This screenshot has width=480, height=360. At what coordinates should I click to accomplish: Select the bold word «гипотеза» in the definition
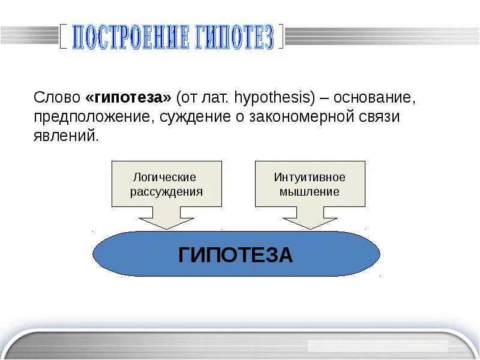128,97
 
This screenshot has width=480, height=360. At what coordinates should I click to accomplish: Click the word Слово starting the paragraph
57,97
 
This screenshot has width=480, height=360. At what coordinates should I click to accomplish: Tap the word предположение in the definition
94,116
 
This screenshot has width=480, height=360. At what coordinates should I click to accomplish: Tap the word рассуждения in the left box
166,192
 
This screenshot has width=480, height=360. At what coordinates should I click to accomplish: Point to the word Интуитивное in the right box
310,178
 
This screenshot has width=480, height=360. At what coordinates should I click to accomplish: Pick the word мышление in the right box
310,192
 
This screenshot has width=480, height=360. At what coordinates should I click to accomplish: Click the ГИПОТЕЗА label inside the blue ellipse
236,255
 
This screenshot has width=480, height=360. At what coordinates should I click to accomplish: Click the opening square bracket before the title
62,37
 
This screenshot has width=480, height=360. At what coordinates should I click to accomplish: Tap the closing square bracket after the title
283,37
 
